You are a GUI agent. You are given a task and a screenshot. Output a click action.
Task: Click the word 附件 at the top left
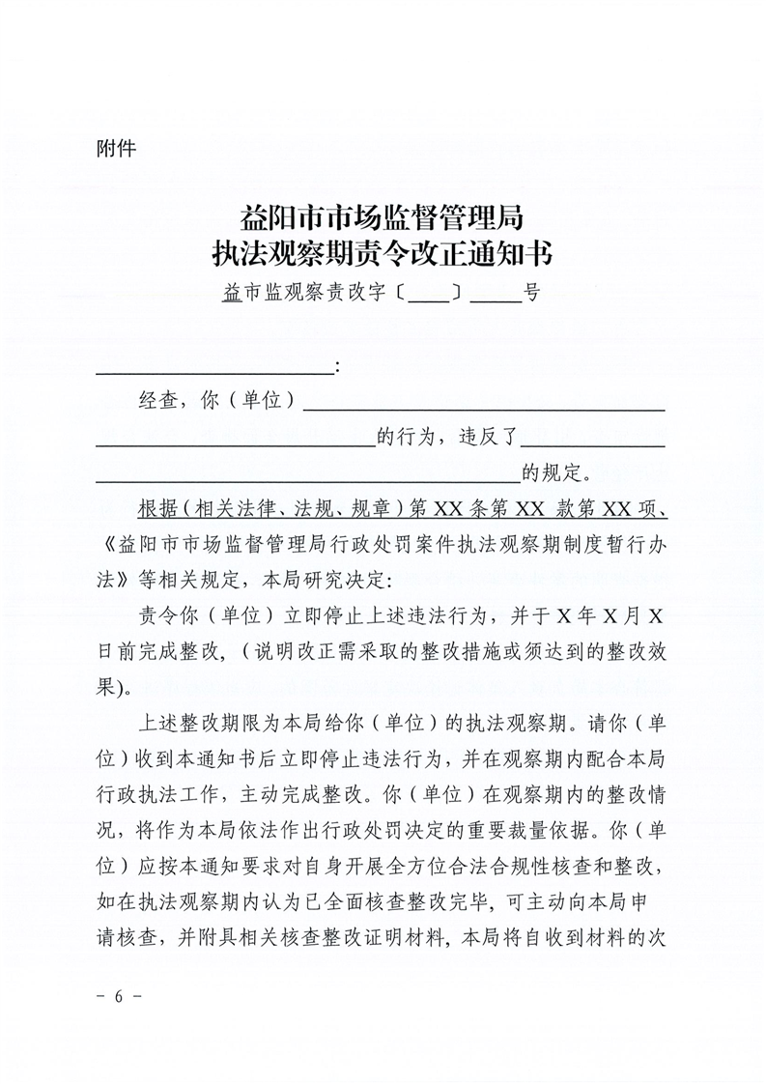[x=116, y=149]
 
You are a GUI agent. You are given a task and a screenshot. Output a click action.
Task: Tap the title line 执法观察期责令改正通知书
[x=383, y=253]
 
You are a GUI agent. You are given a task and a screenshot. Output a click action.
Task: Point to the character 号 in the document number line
[x=531, y=293]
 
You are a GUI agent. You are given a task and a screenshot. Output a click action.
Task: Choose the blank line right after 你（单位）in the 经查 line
[x=484, y=406]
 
